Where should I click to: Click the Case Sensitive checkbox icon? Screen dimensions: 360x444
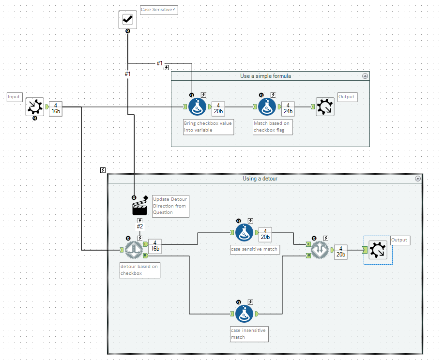128,19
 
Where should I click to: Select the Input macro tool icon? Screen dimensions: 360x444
35,106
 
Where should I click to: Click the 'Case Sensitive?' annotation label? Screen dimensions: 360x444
158,10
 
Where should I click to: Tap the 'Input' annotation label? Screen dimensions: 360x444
14,97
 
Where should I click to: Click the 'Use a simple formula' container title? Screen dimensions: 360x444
265,76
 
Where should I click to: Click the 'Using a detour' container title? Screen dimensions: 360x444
260,179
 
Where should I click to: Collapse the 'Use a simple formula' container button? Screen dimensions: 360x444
365,76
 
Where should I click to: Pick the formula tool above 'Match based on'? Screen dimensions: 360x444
267,106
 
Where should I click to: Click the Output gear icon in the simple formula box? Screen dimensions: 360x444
324,106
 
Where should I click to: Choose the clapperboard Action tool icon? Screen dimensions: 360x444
140,207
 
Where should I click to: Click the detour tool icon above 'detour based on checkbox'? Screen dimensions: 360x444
134,250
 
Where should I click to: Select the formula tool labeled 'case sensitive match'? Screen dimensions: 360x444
245,232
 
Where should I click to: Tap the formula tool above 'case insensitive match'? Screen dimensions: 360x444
245,314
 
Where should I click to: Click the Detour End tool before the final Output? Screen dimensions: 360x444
321,250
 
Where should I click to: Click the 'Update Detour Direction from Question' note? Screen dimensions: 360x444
170,206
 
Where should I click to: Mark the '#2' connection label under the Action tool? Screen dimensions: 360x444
140,226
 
